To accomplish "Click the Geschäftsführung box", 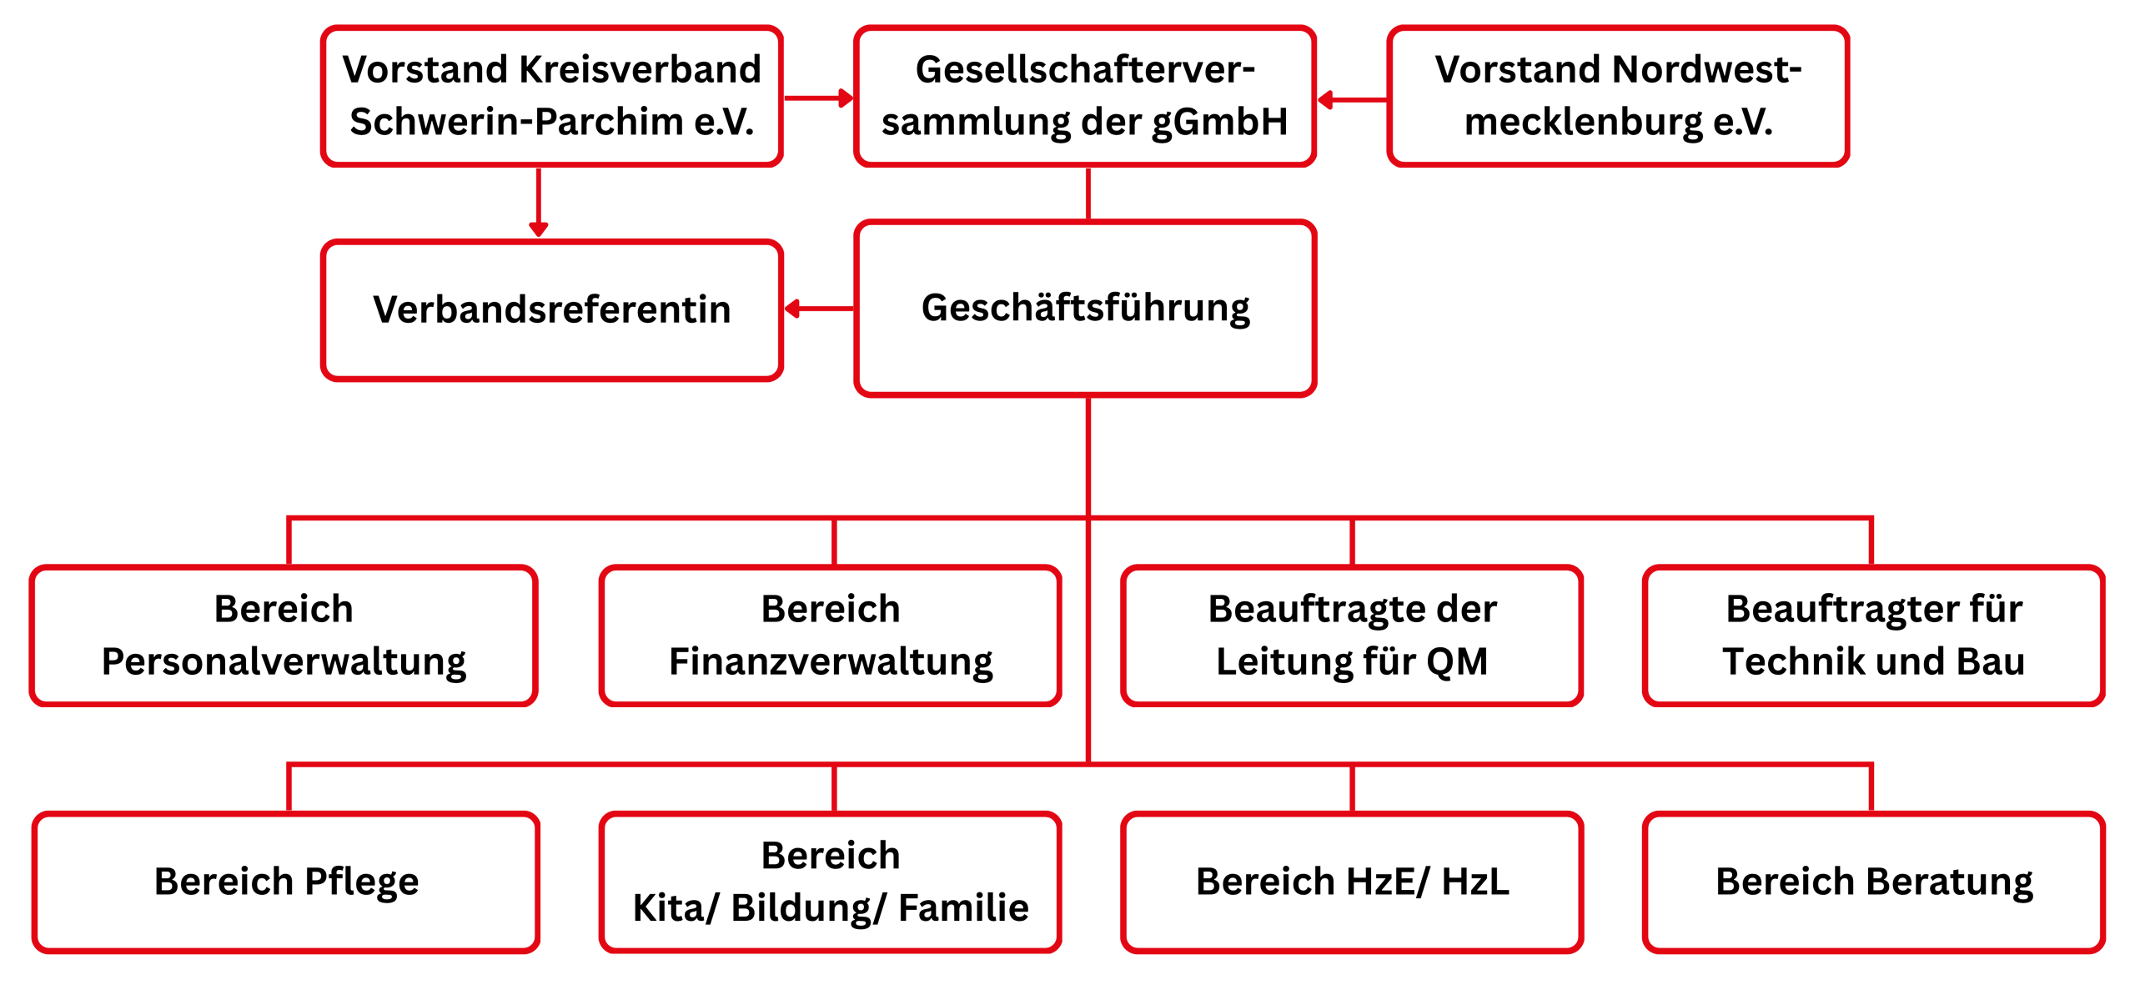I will click(1085, 308).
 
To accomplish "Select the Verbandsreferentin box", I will click(552, 309).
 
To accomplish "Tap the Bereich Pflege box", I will click(286, 882).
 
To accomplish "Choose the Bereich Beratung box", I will click(1873, 882).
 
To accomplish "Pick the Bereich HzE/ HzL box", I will click(1352, 882).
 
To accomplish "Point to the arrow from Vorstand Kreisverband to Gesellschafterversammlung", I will click(818, 98).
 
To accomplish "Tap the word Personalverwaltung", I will click(284, 661).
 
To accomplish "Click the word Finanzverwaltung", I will click(831, 661).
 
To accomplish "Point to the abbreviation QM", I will click(1457, 661).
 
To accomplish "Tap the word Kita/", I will click(675, 907).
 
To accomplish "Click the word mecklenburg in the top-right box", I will click(1583, 122).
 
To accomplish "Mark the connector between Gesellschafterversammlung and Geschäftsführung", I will click(1088, 193).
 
